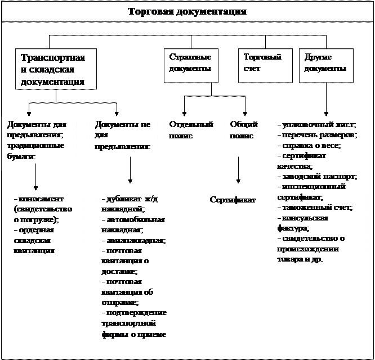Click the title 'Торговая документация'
click(x=187, y=12)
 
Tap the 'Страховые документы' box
click(x=190, y=63)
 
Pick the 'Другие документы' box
click(x=325, y=63)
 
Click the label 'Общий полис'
click(x=244, y=130)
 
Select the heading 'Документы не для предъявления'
click(x=123, y=135)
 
